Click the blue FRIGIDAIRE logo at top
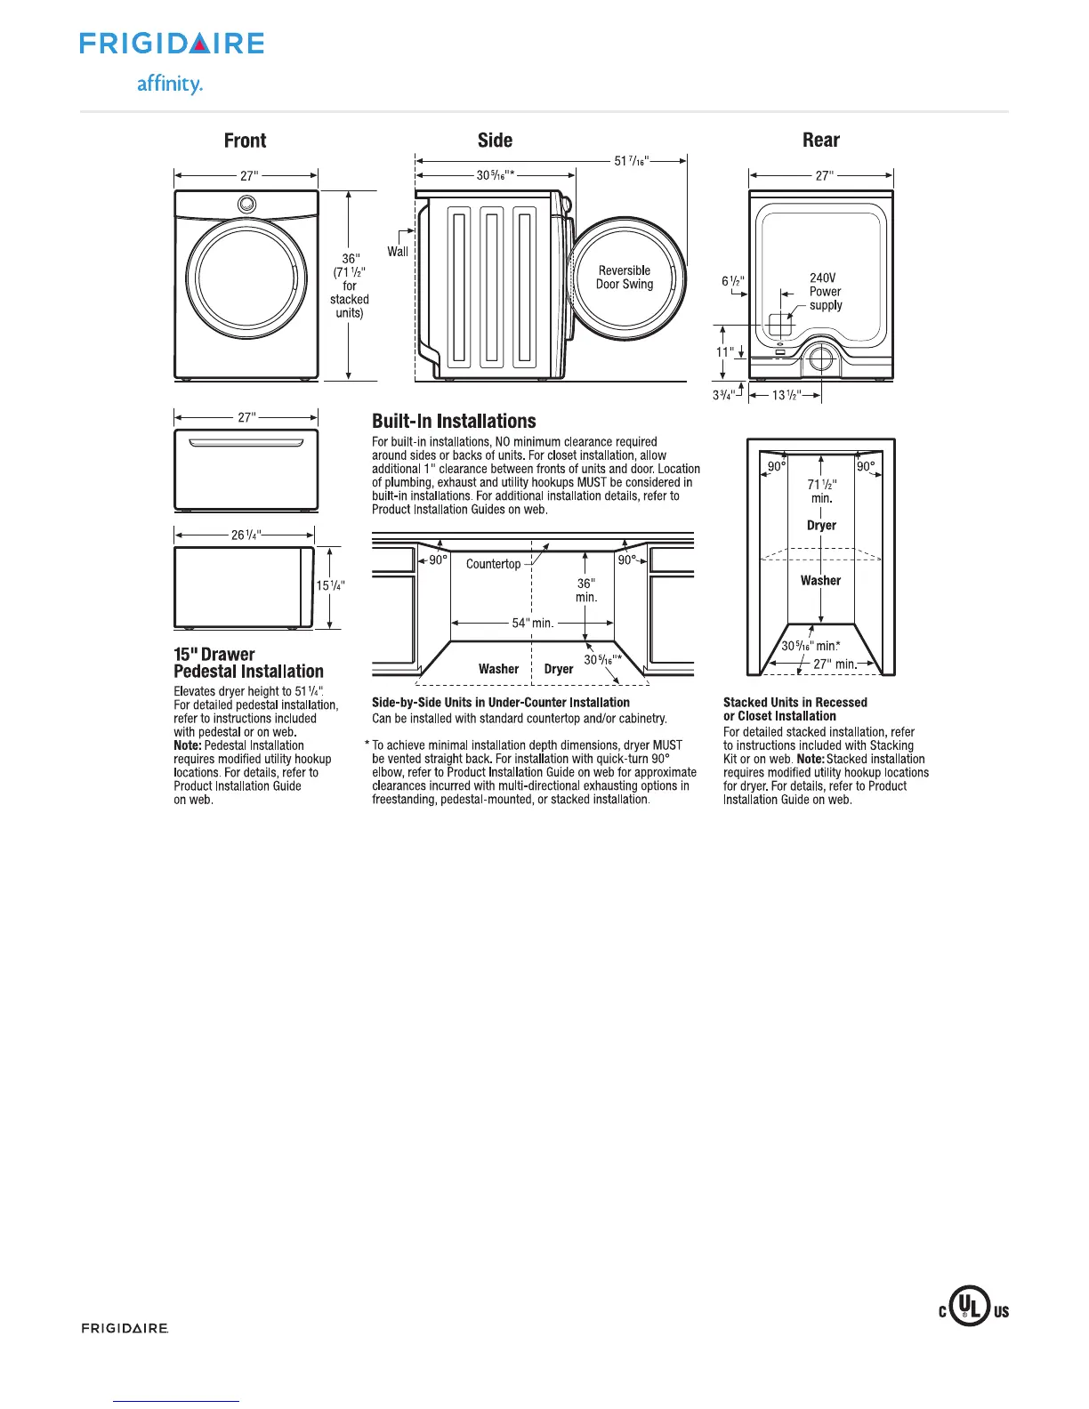[172, 44]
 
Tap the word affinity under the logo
[169, 85]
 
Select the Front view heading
[245, 141]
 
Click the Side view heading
[495, 141]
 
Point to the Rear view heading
[820, 141]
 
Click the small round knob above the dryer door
[246, 205]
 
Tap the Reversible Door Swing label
[625, 278]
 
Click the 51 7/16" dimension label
[631, 161]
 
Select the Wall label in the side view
[398, 252]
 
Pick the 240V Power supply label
[825, 292]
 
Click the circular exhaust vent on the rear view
[819, 360]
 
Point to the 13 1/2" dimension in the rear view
[784, 395]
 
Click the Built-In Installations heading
[454, 422]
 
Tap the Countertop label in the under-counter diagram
[493, 564]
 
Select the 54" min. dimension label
[532, 623]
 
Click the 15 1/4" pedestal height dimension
[330, 585]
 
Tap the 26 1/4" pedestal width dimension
[246, 535]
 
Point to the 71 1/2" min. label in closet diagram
[821, 491]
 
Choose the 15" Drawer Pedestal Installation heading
[248, 663]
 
